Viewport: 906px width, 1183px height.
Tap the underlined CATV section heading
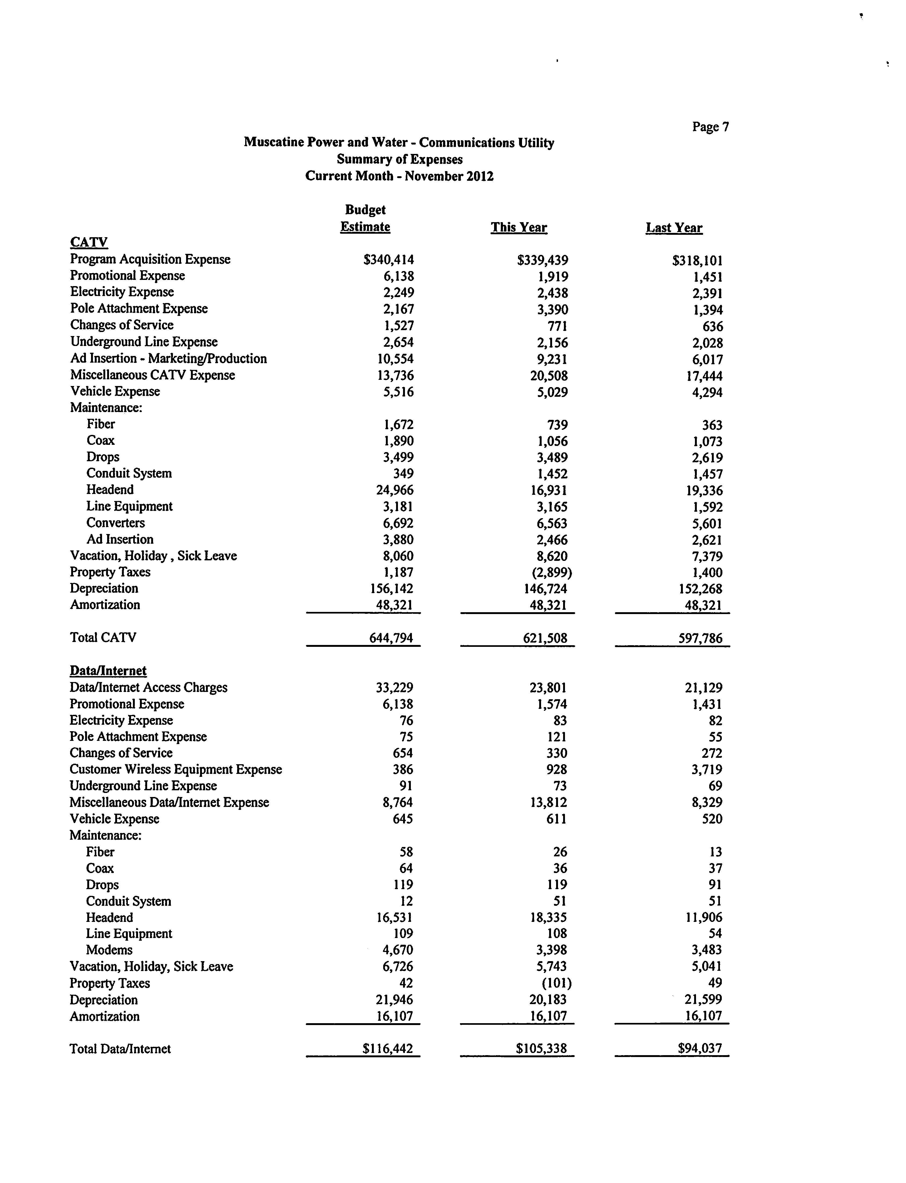tap(89, 242)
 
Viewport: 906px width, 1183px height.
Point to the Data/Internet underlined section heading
tap(108, 670)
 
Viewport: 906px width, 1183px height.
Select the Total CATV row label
tap(103, 638)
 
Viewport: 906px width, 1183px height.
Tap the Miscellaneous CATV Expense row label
tap(153, 375)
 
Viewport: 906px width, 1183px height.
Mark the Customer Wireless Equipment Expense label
tap(176, 769)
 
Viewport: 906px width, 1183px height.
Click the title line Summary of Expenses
tap(400, 159)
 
